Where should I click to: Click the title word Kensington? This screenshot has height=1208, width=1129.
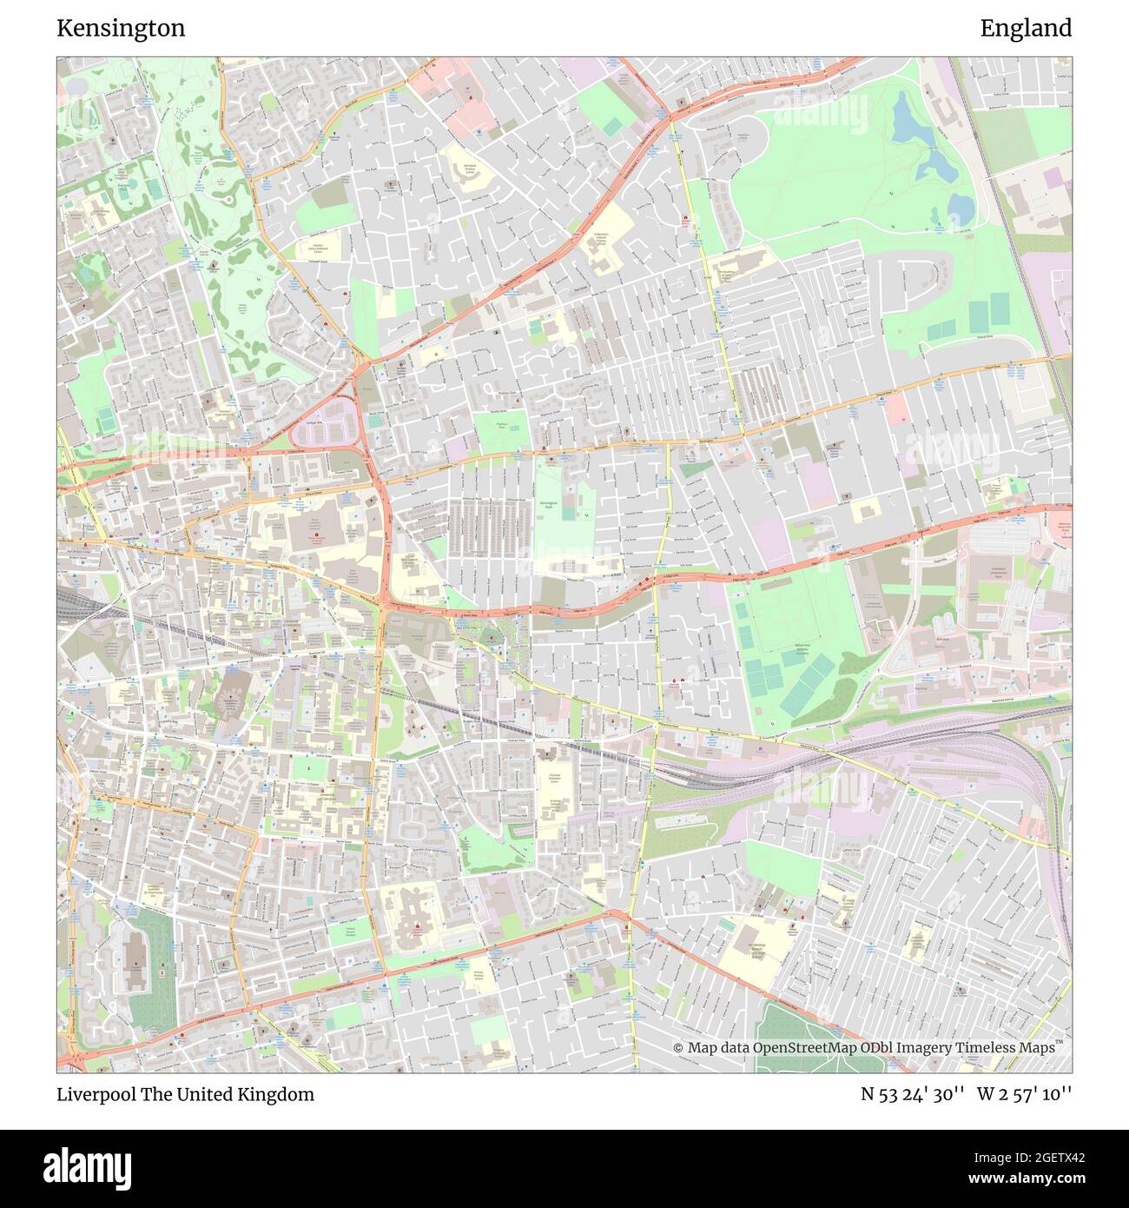(x=121, y=29)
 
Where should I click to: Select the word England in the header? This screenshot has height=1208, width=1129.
(x=1026, y=29)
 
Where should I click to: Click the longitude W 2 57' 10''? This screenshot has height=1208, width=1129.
(x=1024, y=1094)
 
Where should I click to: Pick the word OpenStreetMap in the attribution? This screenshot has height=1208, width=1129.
(x=805, y=1047)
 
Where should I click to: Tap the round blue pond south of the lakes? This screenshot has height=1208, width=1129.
(x=960, y=208)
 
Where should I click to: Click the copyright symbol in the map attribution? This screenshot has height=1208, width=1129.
(x=678, y=1047)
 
